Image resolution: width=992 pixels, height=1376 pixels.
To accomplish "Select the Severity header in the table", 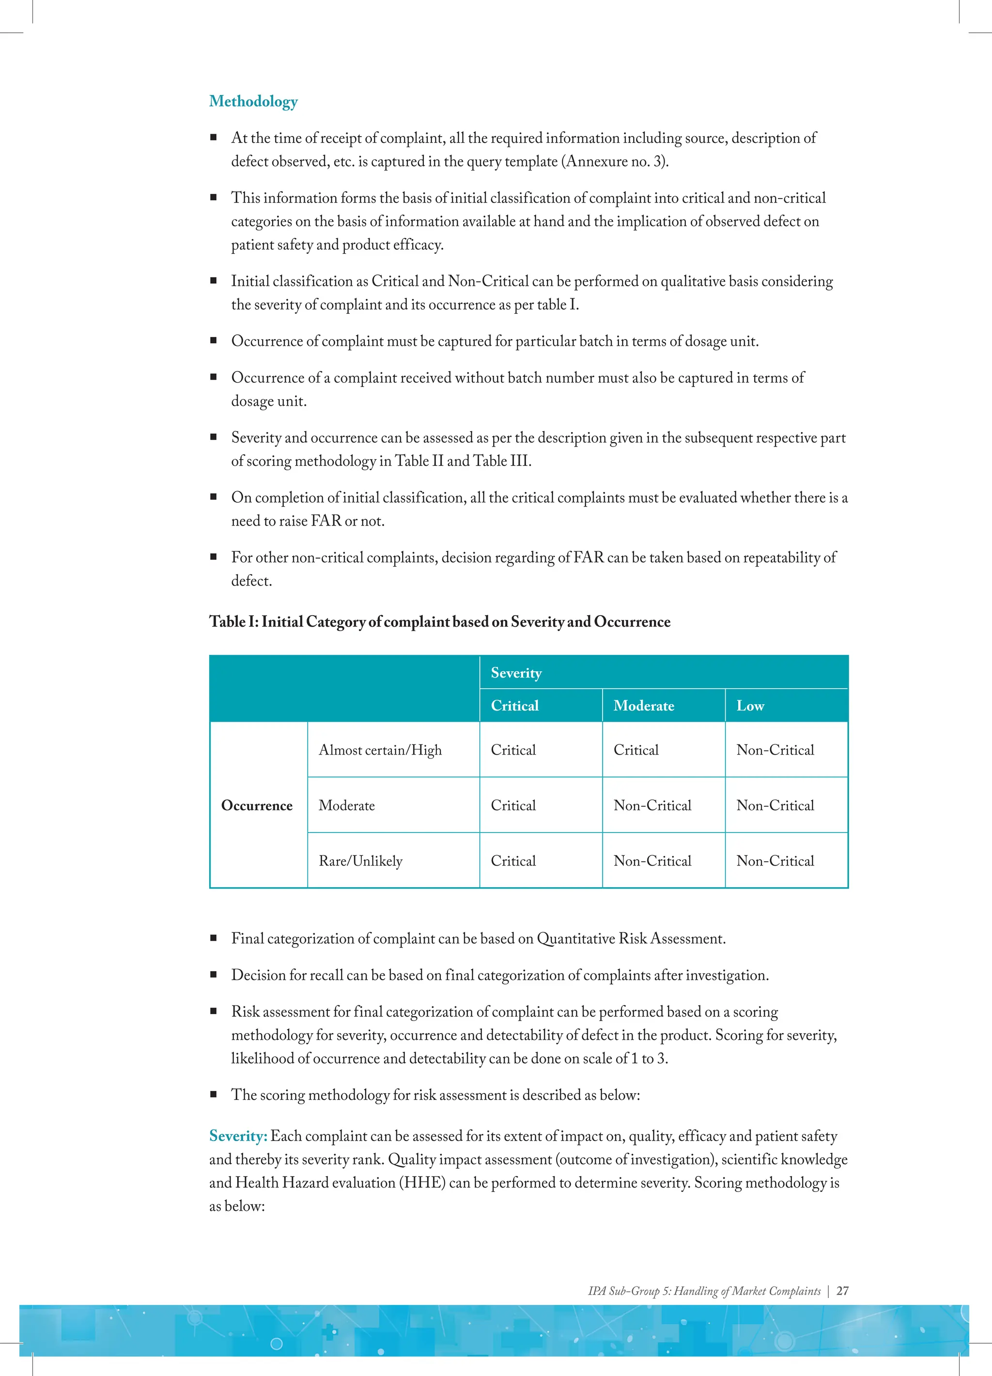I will [516, 673].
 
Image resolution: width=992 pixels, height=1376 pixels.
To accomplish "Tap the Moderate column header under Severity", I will [643, 706].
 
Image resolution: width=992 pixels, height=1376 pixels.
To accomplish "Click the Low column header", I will [750, 706].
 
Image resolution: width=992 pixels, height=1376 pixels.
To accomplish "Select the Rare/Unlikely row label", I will [360, 861].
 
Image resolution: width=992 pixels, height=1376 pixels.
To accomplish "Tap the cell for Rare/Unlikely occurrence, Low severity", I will [775, 861].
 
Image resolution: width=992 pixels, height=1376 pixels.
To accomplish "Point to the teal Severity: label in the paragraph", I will [238, 1136].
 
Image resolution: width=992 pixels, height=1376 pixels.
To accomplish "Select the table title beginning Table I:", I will [439, 622].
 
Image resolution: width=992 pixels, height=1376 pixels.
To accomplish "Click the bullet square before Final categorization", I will [214, 939].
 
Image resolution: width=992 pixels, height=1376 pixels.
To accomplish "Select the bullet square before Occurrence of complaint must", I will [214, 341].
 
